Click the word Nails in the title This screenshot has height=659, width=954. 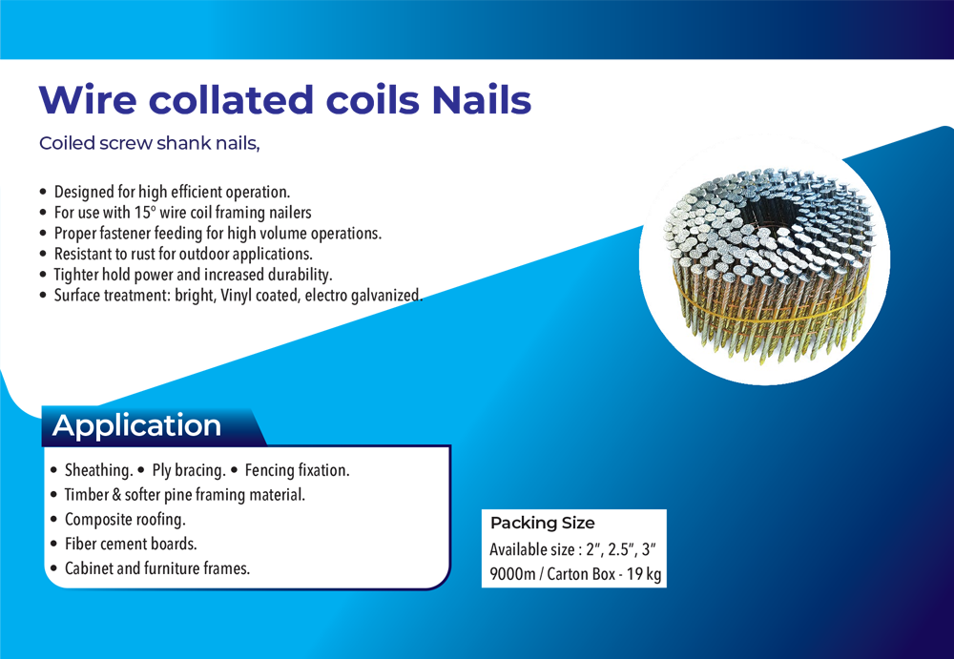[481, 99]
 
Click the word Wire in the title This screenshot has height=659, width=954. [88, 99]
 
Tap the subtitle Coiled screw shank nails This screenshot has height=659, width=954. [150, 143]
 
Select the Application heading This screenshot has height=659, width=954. [136, 424]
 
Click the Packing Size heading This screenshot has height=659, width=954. [543, 523]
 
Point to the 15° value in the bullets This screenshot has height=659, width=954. [145, 213]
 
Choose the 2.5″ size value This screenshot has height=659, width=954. [622, 549]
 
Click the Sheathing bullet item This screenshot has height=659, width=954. [98, 470]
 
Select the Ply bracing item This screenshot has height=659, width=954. [189, 470]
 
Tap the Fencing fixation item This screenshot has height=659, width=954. [297, 470]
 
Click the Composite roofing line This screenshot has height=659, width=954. [125, 520]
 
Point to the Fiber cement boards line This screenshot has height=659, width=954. [131, 544]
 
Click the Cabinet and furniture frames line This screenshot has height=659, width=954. [157, 568]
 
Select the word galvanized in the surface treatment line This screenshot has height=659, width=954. [384, 295]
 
